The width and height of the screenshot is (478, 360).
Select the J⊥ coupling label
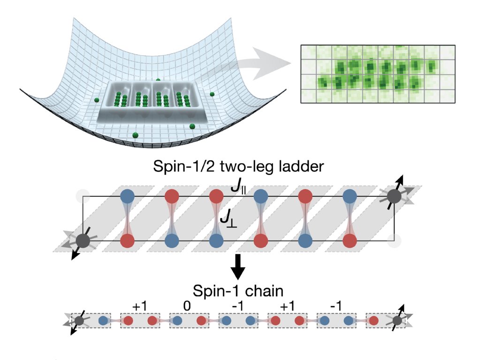229,219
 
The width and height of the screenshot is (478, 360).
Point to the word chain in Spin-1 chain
266,291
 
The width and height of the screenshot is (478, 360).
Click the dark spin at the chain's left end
79,321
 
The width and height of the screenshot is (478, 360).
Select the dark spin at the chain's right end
397,321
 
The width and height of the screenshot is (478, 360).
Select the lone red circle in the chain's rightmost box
374,321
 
